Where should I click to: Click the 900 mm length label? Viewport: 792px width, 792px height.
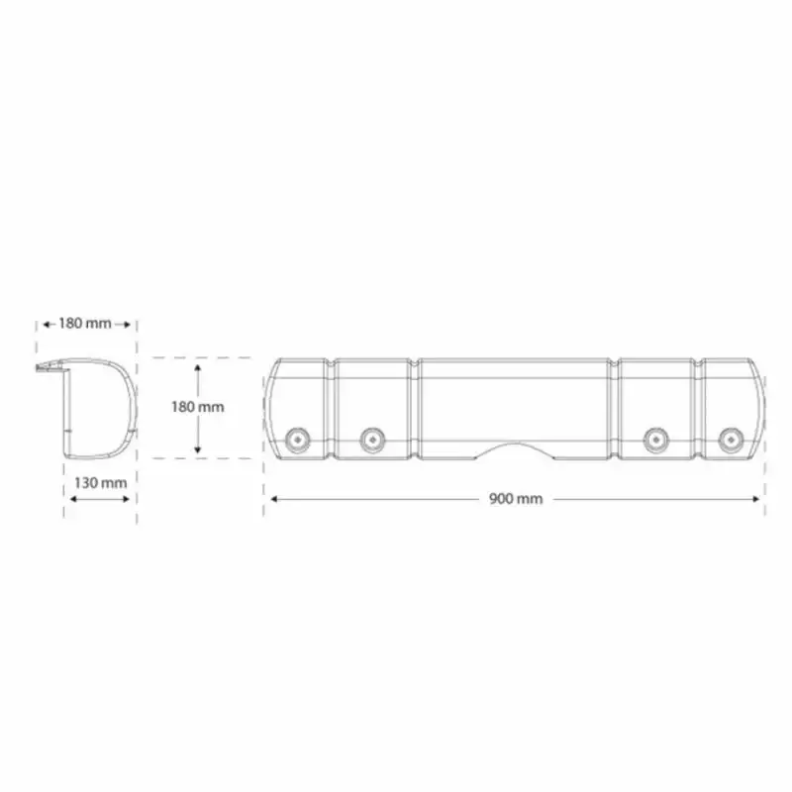pos(516,499)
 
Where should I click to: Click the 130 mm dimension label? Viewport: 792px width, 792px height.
pos(100,482)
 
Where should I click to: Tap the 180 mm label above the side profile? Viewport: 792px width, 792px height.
pos(85,323)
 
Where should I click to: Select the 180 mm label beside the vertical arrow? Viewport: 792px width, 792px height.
pos(198,406)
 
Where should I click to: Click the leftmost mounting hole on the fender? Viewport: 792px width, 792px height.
pos(295,438)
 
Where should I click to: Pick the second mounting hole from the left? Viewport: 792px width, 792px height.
pos(372,438)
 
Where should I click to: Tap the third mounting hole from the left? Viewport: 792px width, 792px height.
pos(653,438)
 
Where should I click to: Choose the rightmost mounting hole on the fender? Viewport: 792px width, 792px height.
pos(731,438)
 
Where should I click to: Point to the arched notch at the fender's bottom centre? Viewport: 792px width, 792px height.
pos(516,453)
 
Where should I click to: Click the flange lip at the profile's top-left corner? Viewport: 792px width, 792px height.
pos(46,368)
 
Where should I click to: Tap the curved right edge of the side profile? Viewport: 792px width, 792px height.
pos(132,406)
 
